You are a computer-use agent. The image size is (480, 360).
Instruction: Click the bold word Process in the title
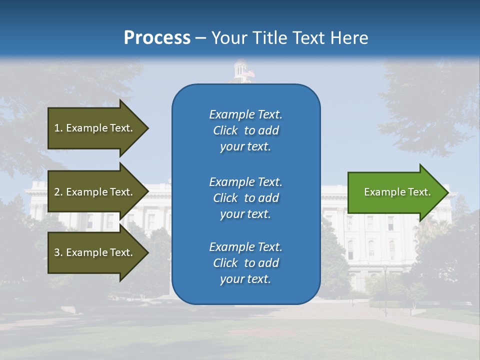tap(157, 38)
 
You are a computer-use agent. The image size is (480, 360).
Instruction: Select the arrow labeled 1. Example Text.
tap(95, 128)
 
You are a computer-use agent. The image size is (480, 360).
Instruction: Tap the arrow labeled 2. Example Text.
tap(95, 192)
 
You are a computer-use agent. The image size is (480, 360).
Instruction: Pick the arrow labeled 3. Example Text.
tap(95, 252)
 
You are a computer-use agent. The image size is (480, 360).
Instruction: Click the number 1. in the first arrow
tap(58, 128)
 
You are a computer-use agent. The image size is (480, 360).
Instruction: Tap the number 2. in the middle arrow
tap(58, 192)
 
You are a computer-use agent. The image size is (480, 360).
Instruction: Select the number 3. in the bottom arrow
tap(58, 253)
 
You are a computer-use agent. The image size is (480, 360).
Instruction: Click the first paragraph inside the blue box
tap(245, 130)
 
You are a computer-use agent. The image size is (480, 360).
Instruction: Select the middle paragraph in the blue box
tap(245, 198)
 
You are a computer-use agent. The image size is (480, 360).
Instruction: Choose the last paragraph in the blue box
tap(245, 263)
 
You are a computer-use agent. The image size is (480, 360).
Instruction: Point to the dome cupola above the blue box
tap(241, 70)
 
